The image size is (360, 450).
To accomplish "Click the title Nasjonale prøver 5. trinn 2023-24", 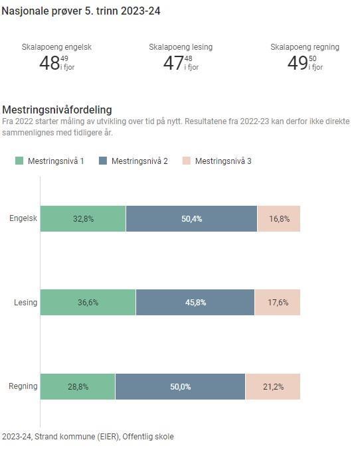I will (80, 11).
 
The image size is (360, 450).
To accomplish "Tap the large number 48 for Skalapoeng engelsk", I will (49, 63).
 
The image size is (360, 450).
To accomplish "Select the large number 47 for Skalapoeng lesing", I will (173, 63).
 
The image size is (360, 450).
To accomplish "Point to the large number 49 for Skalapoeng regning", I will (297, 63).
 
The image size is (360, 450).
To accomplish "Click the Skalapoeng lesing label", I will (181, 47).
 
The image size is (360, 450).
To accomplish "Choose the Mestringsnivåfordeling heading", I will (57, 110).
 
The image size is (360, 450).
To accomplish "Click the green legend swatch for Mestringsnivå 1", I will (19, 161).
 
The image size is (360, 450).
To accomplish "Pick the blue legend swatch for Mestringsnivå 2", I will (103, 161).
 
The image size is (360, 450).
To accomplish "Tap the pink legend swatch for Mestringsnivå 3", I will (187, 161).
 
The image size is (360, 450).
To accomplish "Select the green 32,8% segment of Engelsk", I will (83, 219).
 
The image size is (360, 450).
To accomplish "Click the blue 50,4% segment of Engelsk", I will (191, 219).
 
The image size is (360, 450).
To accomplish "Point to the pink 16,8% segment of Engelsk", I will (279, 219).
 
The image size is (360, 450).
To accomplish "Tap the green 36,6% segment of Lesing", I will (88, 303).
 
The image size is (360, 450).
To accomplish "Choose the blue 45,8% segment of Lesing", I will (195, 303).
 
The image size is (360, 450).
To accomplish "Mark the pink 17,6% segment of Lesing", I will (278, 303).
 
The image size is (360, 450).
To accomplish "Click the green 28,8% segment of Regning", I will (78, 386).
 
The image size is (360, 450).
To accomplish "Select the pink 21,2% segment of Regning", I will (273, 386).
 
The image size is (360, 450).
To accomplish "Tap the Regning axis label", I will (23, 386).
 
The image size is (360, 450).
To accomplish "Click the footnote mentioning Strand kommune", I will (88, 437).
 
